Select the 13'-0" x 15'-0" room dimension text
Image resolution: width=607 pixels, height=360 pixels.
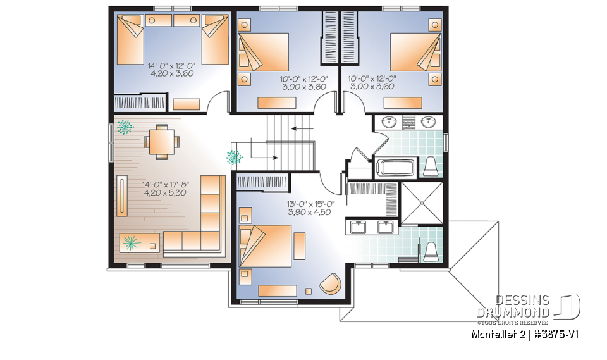coord(310,204)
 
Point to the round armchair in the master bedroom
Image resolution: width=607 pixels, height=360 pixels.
coord(330,284)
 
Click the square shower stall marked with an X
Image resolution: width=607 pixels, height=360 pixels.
coord(422,202)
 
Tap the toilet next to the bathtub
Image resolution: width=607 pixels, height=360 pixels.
coord(431,166)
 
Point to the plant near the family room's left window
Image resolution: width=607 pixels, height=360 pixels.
coord(125,127)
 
